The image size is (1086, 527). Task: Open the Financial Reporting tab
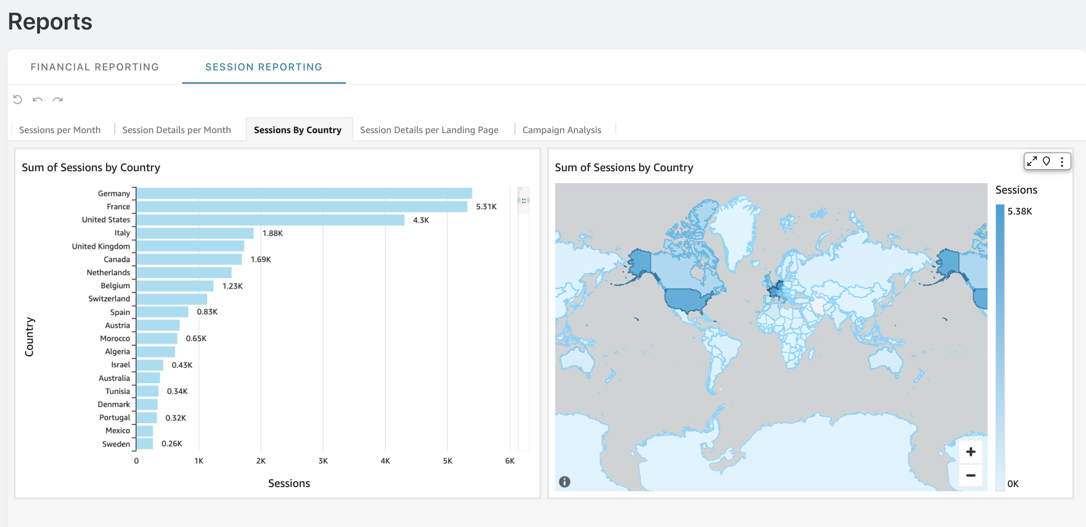tap(95, 67)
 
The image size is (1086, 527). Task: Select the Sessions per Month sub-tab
tap(60, 130)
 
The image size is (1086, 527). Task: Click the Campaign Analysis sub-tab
tap(562, 130)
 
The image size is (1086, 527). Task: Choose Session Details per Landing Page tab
tap(429, 130)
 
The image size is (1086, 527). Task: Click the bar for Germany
tap(305, 193)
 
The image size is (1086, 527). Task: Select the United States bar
tap(271, 220)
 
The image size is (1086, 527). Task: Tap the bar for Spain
tap(163, 312)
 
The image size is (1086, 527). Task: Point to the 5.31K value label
tap(486, 206)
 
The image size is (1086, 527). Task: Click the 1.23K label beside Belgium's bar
tap(233, 286)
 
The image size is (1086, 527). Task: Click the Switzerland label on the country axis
tap(109, 299)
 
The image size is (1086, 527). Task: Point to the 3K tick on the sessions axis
tap(323, 461)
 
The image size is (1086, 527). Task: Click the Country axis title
tap(30, 337)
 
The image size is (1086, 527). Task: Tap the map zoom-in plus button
tap(971, 452)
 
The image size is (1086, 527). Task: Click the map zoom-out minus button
tap(971, 475)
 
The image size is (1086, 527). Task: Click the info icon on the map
tap(564, 482)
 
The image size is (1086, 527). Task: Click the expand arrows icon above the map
tap(1032, 161)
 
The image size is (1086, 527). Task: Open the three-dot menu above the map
tap(1062, 162)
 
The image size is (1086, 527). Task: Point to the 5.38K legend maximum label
tap(1020, 211)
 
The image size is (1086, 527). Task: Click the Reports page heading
tap(50, 22)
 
